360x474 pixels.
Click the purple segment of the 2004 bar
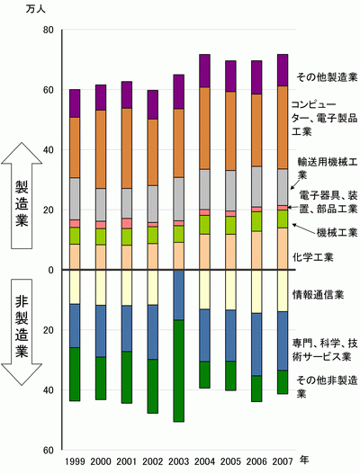(204, 71)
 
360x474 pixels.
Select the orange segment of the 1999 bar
(75, 148)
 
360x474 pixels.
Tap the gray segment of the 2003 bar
(178, 199)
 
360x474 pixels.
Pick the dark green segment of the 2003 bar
(178, 371)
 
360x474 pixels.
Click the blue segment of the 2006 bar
(256, 344)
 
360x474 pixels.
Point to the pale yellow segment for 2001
(127, 288)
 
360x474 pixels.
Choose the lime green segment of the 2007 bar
(283, 219)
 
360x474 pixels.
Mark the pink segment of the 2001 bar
(127, 223)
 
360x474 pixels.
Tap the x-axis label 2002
(152, 461)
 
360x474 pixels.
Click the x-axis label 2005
(230, 461)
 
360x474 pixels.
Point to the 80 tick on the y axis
(49, 31)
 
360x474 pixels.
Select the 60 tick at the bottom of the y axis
(49, 451)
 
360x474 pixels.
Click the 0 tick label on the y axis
(50, 270)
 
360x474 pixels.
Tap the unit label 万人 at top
(36, 9)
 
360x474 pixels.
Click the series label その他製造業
(327, 77)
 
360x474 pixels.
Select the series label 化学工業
(313, 257)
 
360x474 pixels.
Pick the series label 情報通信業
(318, 294)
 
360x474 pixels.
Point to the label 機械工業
(337, 232)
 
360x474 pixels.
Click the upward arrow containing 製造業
(22, 195)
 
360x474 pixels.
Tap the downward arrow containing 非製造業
(22, 332)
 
